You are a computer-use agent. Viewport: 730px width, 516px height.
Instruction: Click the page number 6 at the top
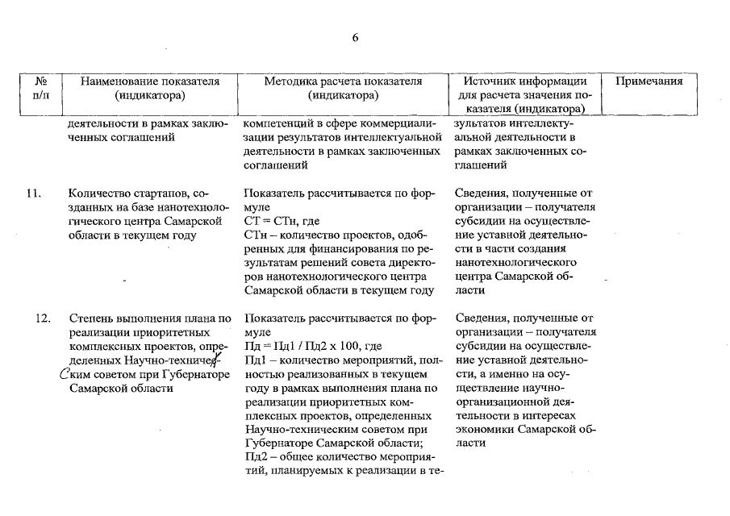click(x=355, y=38)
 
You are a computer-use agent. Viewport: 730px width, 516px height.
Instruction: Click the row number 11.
click(x=34, y=193)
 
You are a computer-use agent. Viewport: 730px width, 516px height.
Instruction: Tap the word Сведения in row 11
click(x=482, y=193)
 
